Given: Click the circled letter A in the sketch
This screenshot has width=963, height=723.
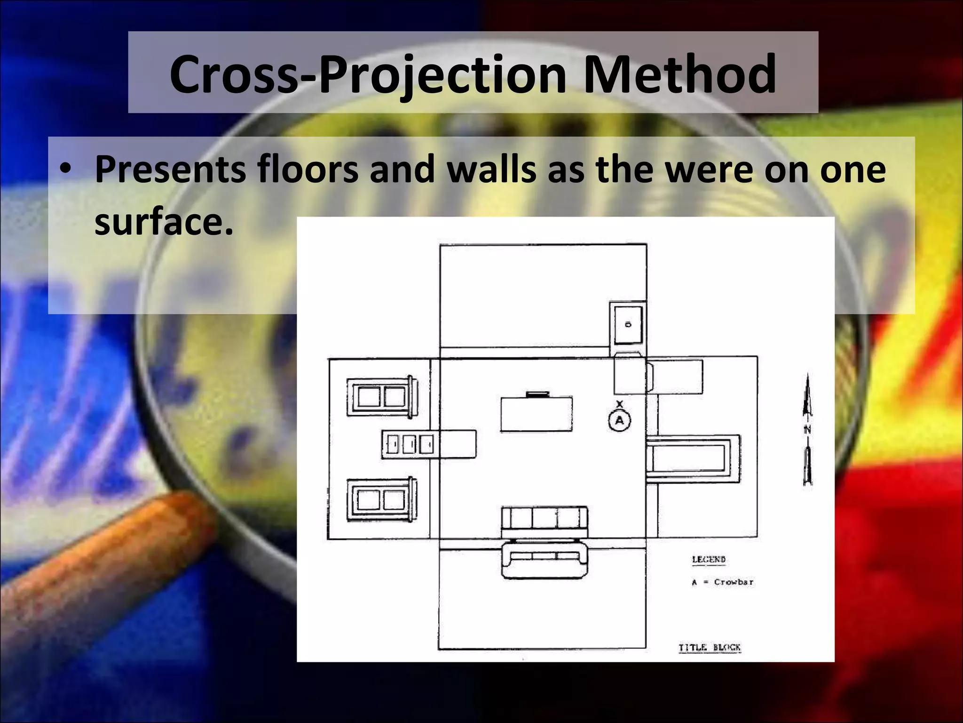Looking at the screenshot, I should (619, 420).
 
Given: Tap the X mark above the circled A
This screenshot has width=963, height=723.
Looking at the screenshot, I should (619, 404).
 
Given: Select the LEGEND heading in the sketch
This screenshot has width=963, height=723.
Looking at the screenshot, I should (709, 560).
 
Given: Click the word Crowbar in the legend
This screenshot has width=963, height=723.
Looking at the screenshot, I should (734, 582).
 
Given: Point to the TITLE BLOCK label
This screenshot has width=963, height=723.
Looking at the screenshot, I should (709, 648).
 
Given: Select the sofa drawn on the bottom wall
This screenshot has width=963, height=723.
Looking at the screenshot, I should (544, 560).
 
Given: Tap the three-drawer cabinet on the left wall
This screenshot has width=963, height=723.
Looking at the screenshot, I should (409, 444).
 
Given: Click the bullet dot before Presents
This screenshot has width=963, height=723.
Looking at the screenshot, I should (67, 169).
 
